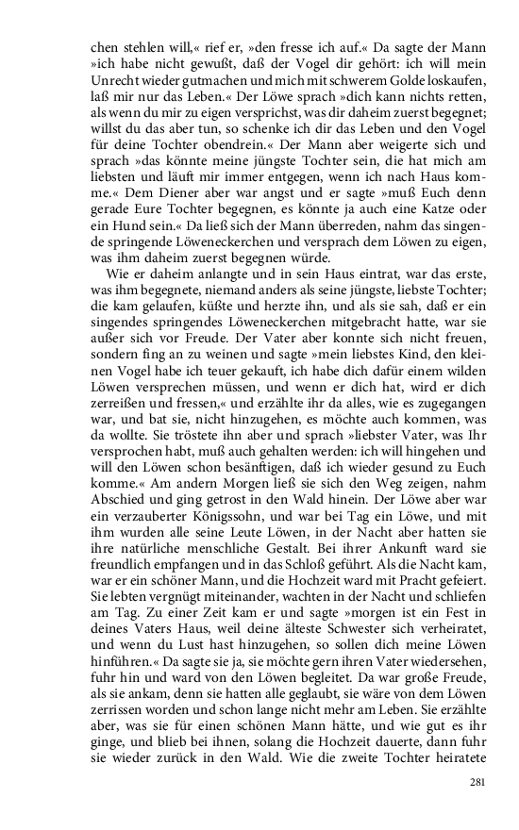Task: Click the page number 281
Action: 477,782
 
